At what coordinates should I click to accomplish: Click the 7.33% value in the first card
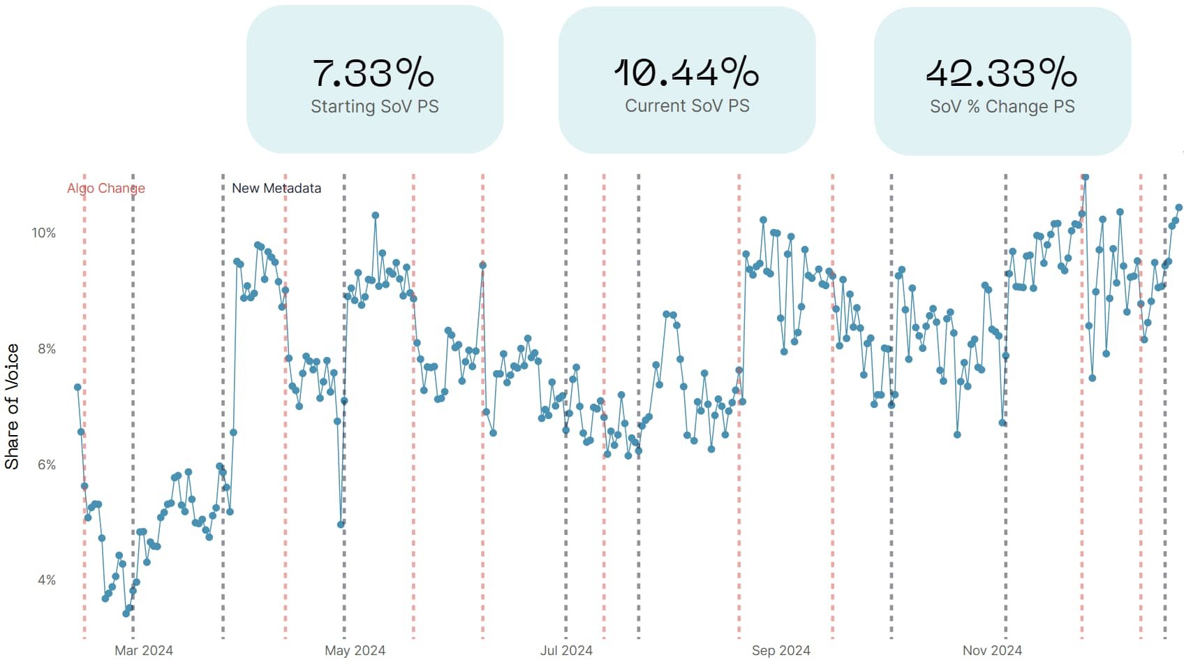[373, 73]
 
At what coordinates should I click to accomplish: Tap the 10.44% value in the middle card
[686, 73]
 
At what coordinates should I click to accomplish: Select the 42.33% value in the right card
[1002, 73]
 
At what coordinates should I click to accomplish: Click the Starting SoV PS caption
[375, 106]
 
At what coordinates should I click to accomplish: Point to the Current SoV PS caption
[687, 105]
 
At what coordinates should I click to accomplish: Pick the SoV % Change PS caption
[1002, 106]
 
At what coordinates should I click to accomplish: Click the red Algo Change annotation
[106, 188]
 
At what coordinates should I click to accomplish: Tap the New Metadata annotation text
[276, 188]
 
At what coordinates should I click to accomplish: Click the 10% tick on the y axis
[43, 233]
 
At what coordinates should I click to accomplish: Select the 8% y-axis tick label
[46, 349]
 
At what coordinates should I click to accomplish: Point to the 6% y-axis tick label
[46, 464]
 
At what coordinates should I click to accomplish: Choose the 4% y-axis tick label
[46, 580]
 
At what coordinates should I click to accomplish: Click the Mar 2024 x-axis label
[144, 650]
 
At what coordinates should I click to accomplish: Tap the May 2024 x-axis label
[355, 650]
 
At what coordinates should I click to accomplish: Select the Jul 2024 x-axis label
[566, 650]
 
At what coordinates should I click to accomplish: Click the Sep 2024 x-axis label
[780, 650]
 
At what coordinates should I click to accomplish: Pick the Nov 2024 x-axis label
[992, 650]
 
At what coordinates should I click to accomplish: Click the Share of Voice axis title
[12, 406]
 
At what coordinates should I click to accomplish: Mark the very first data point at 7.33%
[77, 387]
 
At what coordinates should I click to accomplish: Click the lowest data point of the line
[126, 613]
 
